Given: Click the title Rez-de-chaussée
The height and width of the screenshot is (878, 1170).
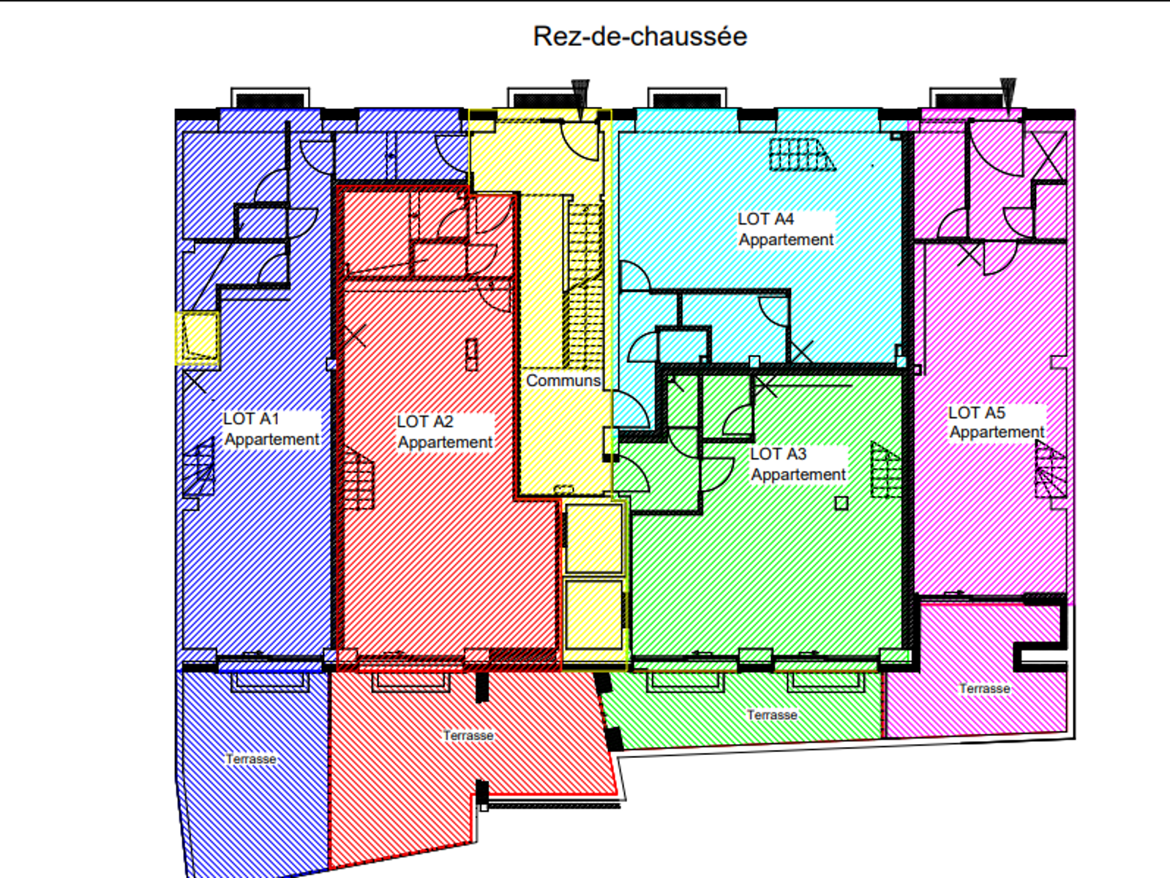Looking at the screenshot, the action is pos(640,37).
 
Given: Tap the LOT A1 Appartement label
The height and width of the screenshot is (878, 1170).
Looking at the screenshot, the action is pos(271,429).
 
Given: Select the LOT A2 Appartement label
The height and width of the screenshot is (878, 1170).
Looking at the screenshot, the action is pos(445,432).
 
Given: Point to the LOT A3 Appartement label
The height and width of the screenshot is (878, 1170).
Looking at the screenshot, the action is pos(798,464).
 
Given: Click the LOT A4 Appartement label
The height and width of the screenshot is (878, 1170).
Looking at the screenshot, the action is pos(786,229).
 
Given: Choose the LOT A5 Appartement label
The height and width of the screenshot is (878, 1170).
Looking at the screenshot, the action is pos(997,422).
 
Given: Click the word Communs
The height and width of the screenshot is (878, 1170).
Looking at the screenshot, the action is pos(563,380).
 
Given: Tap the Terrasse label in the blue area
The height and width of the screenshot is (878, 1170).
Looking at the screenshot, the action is pos(251,759).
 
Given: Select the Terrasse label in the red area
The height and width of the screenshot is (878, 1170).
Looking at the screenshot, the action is pos(468,735).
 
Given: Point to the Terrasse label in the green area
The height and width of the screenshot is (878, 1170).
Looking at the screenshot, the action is pos(772,714).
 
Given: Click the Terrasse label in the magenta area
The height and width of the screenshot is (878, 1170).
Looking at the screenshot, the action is pos(985,688).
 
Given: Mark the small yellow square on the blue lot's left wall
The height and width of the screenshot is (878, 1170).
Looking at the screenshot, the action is pos(198,338).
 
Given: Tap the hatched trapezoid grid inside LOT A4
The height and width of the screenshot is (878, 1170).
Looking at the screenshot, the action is pos(802,154).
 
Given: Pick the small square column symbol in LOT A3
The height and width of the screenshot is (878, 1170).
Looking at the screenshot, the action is pos(841,503).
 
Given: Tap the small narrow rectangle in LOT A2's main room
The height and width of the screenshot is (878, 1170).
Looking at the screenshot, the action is pos(471,355).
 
